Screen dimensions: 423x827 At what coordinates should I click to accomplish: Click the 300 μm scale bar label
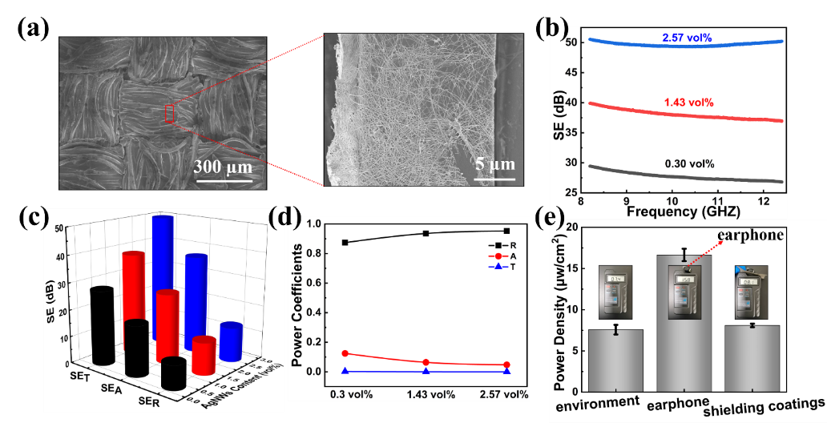(222, 167)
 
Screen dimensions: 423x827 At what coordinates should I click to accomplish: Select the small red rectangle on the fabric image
(169, 114)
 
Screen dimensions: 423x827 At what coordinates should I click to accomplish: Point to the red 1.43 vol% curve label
(688, 103)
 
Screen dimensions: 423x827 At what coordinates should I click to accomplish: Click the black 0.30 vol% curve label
(689, 163)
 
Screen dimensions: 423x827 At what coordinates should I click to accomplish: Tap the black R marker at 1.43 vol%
(426, 233)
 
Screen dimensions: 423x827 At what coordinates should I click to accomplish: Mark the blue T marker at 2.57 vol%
(506, 371)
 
